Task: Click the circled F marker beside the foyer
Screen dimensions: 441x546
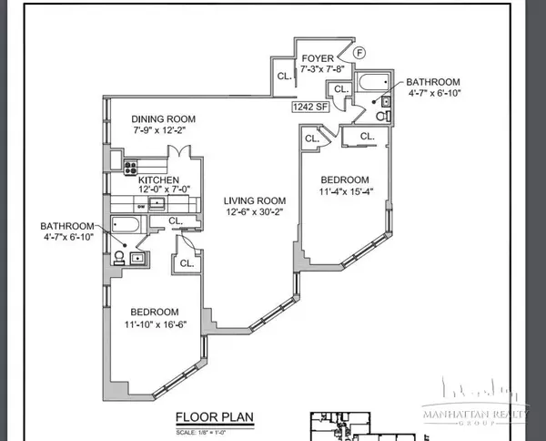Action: pyautogui.click(x=359, y=53)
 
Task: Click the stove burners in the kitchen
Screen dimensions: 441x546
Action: pyautogui.click(x=130, y=167)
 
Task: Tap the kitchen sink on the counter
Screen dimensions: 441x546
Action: pyautogui.click(x=156, y=202)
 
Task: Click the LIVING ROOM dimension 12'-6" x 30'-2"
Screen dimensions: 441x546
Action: pyautogui.click(x=257, y=213)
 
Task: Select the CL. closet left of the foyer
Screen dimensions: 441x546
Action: pyautogui.click(x=284, y=77)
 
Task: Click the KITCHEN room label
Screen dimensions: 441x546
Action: pyautogui.click(x=158, y=180)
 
